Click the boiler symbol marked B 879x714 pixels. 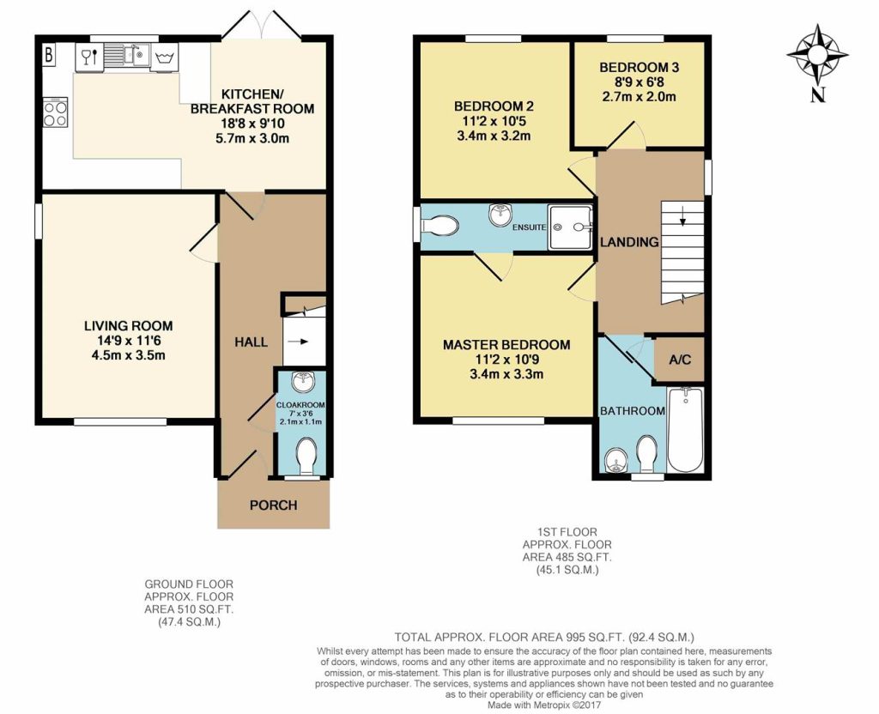49,55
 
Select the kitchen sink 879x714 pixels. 127,55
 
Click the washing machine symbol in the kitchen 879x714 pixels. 164,57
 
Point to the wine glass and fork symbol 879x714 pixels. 89,57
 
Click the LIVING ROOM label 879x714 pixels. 129,325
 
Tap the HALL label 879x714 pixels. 251,342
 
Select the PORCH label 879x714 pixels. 273,505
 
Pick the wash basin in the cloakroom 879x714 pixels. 303,382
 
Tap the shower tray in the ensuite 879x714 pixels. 570,227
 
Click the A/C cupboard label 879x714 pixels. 680,360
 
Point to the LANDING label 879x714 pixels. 629,242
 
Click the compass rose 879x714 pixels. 817,54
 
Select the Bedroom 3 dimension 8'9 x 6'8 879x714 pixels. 639,82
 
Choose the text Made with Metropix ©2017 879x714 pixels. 543,705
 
